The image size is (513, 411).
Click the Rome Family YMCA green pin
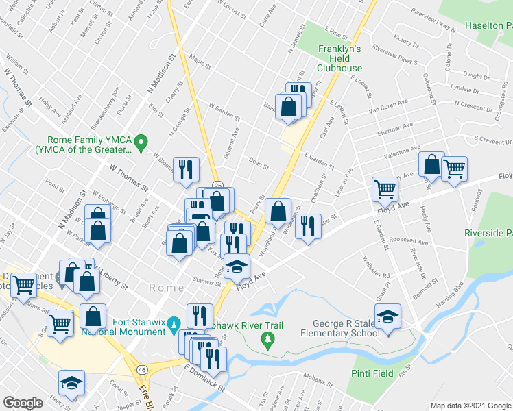pos(141,143)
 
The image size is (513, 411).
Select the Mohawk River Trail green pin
pos(270,338)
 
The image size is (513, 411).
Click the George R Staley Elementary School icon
pos(388,317)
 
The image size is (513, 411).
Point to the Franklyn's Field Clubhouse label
pos(339,58)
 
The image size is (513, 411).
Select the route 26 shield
pos(217,186)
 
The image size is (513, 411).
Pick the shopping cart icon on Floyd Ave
pos(385,189)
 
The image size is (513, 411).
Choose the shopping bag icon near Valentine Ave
pos(431,164)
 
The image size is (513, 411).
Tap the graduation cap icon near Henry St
pos(71,384)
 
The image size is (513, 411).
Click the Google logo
pos(23,403)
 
